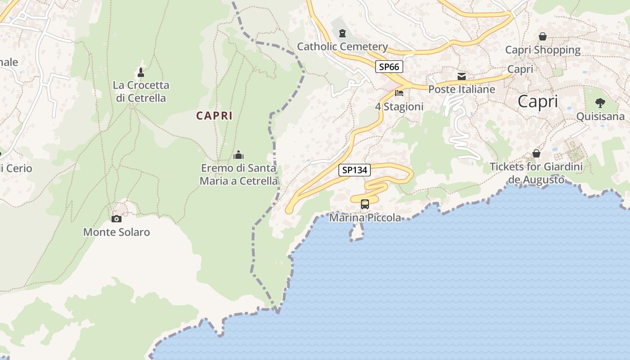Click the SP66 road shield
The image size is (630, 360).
[389, 67]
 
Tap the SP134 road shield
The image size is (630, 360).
[355, 170]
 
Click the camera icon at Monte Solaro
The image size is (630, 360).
[117, 219]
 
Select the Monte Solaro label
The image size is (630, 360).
[117, 232]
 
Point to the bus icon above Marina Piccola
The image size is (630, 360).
[365, 204]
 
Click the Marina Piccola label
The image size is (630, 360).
[365, 218]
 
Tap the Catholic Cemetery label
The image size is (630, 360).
[342, 46]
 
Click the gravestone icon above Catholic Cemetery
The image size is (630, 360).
[342, 33]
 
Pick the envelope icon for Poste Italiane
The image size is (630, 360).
[462, 76]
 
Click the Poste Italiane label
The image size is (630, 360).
[462, 89]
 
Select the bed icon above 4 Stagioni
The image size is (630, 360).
[399, 94]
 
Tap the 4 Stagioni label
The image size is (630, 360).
[399, 107]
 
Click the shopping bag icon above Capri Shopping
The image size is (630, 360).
[543, 36]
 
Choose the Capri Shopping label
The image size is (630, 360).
[543, 49]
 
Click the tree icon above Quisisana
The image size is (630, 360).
[600, 103]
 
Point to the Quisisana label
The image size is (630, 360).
[601, 117]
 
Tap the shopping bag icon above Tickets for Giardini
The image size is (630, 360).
[536, 153]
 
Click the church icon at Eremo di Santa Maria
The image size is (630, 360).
[238, 155]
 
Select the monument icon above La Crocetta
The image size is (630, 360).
[141, 72]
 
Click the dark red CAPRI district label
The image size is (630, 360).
[214, 116]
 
